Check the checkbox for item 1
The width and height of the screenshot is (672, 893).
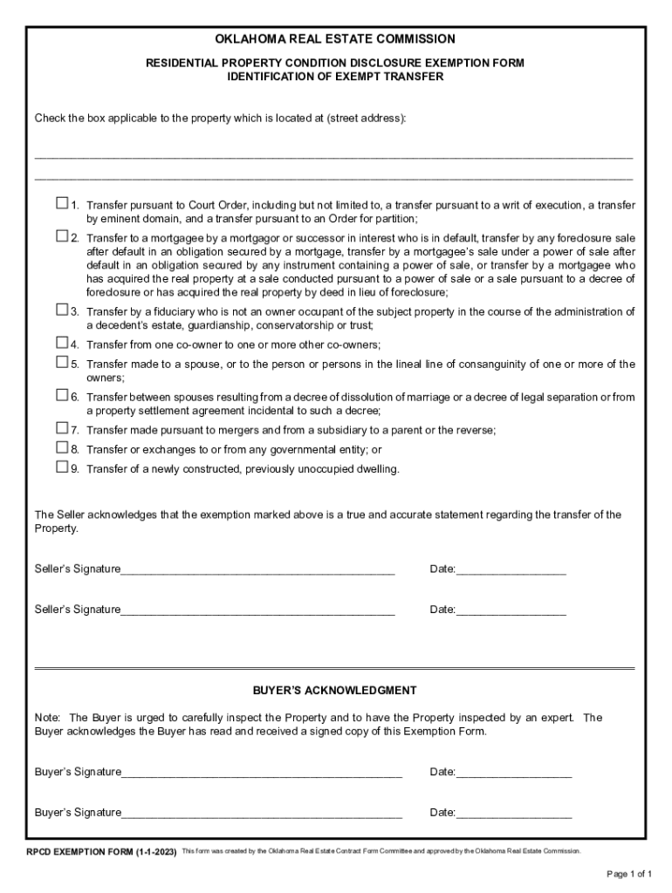coord(61,203)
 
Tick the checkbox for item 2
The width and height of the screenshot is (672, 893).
coord(61,235)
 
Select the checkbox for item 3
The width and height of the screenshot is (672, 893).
coord(61,310)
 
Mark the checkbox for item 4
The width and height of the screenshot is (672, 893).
coord(61,342)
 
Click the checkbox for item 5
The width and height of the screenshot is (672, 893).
coord(61,362)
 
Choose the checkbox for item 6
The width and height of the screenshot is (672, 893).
coord(61,395)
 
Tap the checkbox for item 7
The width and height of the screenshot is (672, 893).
coord(61,428)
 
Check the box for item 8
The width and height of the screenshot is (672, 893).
coord(61,447)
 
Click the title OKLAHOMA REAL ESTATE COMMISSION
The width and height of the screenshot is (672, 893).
coord(335,39)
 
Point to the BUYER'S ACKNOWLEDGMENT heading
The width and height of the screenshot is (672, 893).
coord(335,690)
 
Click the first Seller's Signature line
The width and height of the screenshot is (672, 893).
coord(257,570)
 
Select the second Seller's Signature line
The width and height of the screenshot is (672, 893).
coord(257,610)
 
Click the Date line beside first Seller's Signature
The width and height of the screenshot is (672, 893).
coord(511,570)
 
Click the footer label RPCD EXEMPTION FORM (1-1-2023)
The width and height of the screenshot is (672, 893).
coord(101,851)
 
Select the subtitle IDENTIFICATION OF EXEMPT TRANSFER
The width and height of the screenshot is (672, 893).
coord(335,77)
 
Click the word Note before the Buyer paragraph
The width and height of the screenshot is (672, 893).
coord(46,718)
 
